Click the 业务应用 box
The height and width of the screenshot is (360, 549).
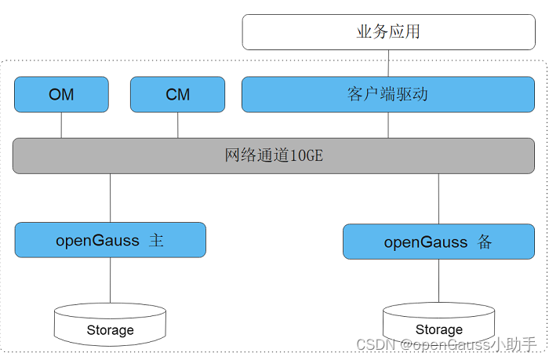click(x=389, y=32)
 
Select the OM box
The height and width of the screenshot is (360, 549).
click(x=61, y=95)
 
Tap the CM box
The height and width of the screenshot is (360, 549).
click(x=177, y=95)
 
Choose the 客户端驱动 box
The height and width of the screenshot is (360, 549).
click(x=388, y=95)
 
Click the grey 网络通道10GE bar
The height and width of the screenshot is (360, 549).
click(x=274, y=156)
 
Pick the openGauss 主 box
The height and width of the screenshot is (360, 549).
click(x=111, y=240)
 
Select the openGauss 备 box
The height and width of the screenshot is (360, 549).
click(x=438, y=242)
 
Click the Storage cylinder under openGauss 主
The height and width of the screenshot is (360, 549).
click(x=110, y=324)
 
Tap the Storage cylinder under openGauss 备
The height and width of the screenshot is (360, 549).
click(x=438, y=324)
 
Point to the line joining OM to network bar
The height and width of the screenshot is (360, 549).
click(x=61, y=125)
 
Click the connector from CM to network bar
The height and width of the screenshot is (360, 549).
click(x=177, y=125)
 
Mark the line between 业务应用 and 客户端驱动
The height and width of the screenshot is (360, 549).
click(x=388, y=63)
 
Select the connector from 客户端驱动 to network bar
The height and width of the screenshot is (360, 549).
click(x=388, y=125)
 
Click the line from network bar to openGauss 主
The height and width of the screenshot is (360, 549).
click(x=111, y=198)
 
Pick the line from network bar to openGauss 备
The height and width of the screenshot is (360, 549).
click(x=438, y=199)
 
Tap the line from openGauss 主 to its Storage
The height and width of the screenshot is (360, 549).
click(x=111, y=280)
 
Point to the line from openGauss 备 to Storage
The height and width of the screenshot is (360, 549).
click(x=438, y=281)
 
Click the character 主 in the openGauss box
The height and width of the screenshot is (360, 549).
click(x=156, y=241)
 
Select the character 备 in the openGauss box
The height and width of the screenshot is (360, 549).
click(x=485, y=242)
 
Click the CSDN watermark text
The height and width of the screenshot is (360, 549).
click(x=446, y=344)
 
